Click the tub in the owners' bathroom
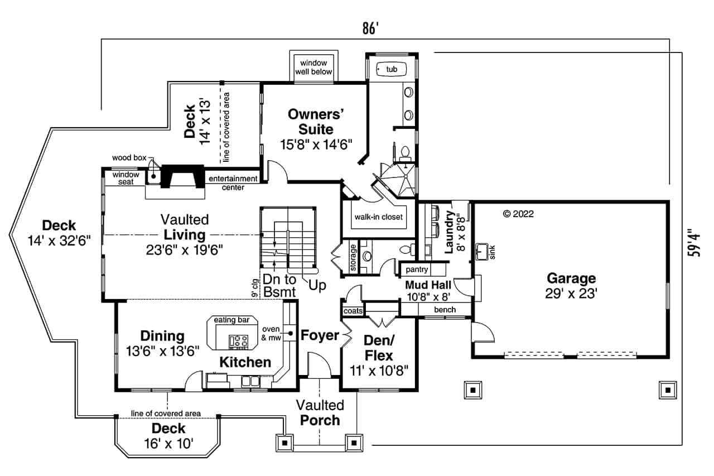click(x=392, y=69)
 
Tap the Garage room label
click(x=571, y=278)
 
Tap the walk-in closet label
click(x=378, y=217)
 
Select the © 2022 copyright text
click(x=518, y=213)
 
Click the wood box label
click(x=129, y=158)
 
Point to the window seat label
click(x=126, y=178)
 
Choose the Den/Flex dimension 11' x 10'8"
click(x=379, y=369)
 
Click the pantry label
click(x=417, y=270)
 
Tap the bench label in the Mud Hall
click(x=445, y=309)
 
